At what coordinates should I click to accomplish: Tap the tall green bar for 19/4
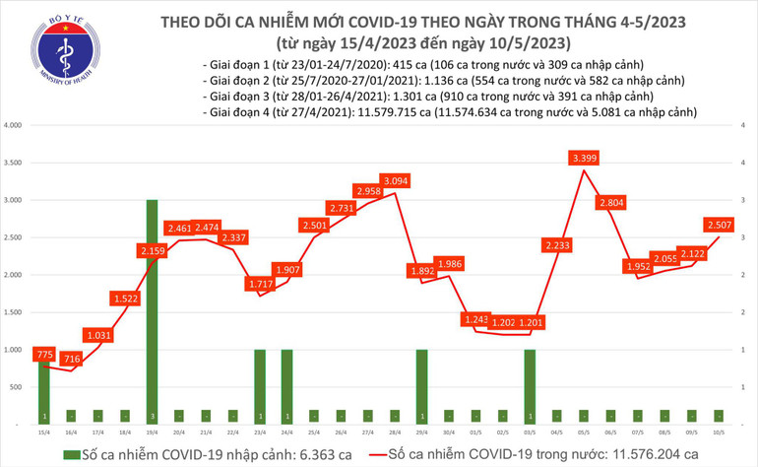154,311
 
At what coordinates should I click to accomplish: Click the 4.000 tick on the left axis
13,126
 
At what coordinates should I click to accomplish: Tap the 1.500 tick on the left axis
13,312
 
